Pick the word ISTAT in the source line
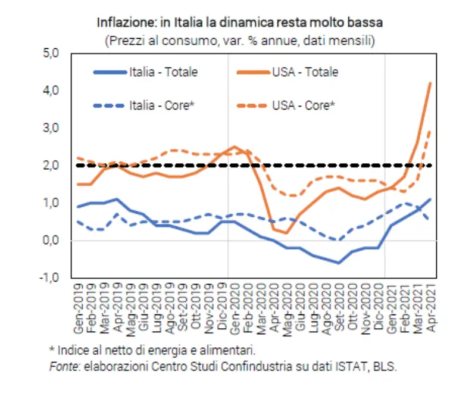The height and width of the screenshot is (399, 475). tap(351, 366)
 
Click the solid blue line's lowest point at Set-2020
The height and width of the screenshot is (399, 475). tap(339, 263)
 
